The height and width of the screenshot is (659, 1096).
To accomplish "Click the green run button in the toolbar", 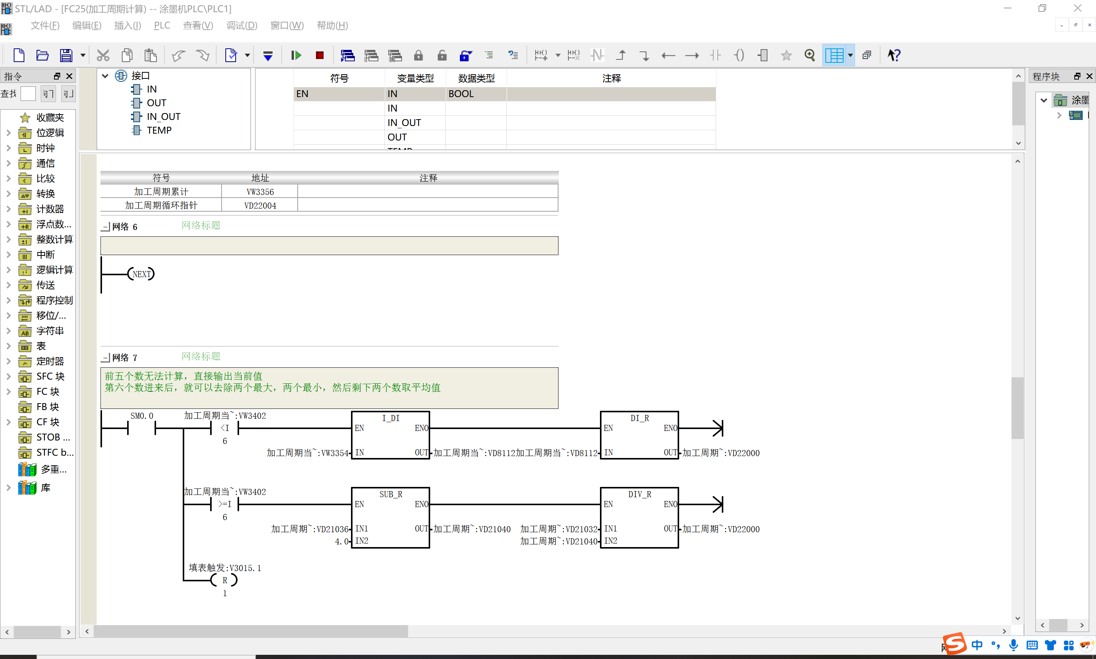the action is pos(296,55).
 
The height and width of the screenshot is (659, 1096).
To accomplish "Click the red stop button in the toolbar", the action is pos(320,55).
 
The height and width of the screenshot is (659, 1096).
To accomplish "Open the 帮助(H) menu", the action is pos(332,25).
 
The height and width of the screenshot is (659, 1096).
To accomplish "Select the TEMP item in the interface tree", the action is pos(159,130).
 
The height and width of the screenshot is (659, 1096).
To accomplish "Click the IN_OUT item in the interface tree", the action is pos(163,116).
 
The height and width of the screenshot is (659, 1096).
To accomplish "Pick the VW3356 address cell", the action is pos(260,192).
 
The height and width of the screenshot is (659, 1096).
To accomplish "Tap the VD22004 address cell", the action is pos(260,206).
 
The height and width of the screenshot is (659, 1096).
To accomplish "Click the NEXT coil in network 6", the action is pos(141,274).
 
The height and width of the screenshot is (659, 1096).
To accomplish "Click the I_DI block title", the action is pos(391,418).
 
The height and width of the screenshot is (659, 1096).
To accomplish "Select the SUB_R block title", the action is pos(391,494).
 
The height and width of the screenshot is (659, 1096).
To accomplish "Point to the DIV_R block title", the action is pos(640,494).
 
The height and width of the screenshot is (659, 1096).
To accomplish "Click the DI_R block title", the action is pos(640,418).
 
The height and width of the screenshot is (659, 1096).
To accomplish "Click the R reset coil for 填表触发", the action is pos(225,580).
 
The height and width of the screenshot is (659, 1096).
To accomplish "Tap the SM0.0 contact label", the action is pos(142,416).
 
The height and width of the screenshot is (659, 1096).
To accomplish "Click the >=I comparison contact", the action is pos(225,504).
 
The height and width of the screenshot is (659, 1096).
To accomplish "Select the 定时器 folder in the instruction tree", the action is pos(50,361).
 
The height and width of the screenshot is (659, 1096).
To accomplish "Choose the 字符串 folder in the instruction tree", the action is pos(50,331).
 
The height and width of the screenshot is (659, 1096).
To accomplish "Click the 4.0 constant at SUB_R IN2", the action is pos(342,541).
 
